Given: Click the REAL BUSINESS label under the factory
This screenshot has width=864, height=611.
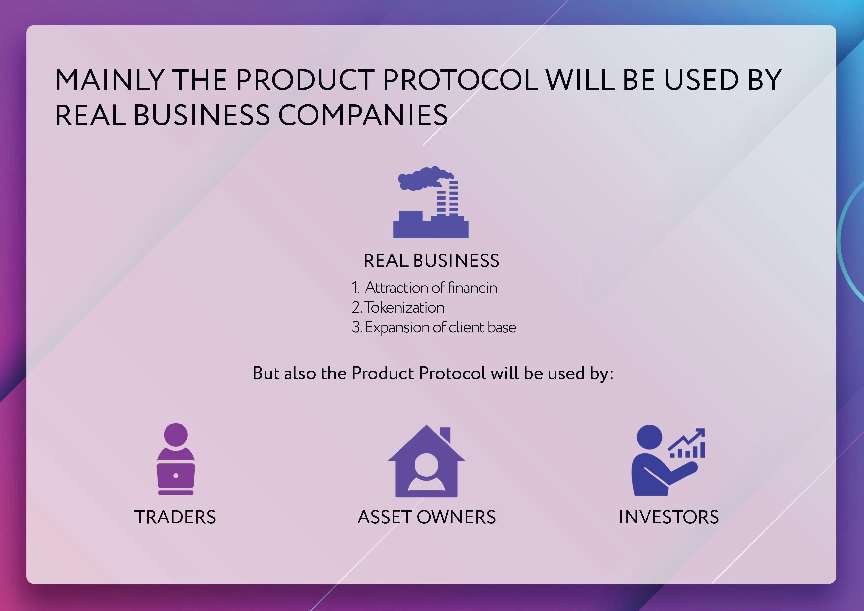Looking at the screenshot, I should (431, 260).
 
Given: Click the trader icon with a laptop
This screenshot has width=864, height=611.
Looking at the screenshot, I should (176, 459).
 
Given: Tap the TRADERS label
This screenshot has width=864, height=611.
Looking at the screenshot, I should (175, 517).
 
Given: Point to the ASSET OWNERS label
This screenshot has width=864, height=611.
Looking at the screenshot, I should (426, 517).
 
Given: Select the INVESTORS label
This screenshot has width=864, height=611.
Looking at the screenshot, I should (669, 517).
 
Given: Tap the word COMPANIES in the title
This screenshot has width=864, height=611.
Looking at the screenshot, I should (363, 115).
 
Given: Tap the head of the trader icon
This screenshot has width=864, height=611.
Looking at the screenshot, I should (176, 434).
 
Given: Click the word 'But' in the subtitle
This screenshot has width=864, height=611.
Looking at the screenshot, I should (266, 373).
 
